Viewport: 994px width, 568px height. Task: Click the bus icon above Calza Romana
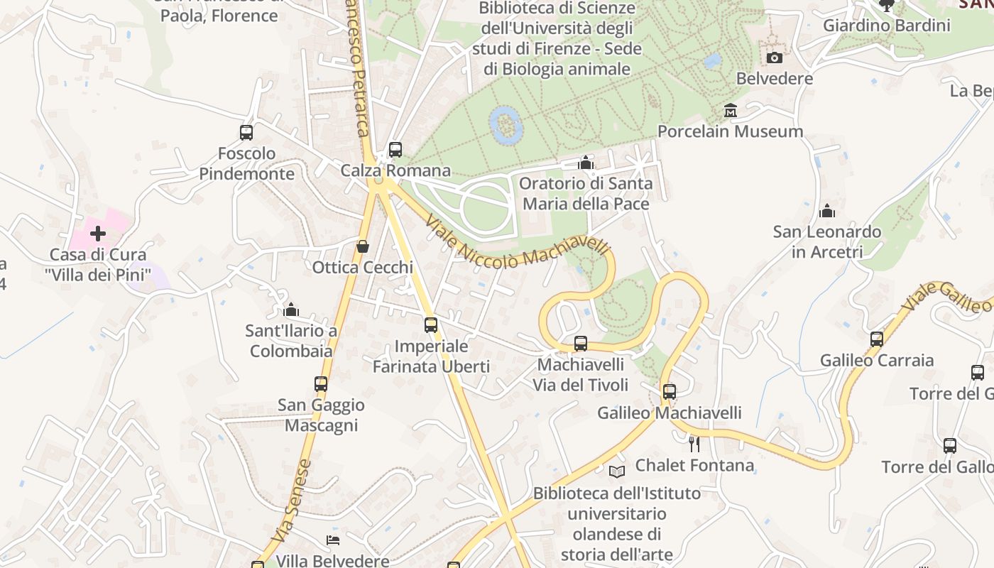click(x=395, y=150)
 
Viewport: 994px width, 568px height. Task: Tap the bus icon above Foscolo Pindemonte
click(x=246, y=132)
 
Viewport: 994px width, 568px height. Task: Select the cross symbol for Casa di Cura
click(x=98, y=234)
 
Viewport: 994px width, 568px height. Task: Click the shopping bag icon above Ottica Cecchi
click(x=363, y=246)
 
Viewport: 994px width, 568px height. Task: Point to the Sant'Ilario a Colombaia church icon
click(x=291, y=310)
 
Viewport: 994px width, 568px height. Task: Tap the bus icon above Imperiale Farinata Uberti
click(x=431, y=325)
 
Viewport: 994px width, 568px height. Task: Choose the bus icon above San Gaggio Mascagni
click(x=321, y=384)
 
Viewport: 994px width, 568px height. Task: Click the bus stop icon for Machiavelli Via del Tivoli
click(x=581, y=344)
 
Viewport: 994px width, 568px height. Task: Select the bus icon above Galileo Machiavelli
click(x=669, y=391)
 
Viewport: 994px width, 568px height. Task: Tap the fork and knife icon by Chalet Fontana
click(x=694, y=444)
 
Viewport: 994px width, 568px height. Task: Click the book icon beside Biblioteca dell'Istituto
click(x=617, y=471)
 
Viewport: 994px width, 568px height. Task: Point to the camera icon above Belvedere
click(x=775, y=58)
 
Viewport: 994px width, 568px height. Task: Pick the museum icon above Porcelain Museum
click(x=731, y=111)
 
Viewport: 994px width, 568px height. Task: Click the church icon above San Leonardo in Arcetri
click(x=827, y=211)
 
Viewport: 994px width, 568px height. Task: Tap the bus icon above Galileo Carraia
click(x=877, y=339)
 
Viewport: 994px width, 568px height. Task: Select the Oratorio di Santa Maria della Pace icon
click(x=586, y=163)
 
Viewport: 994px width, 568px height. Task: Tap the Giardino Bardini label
click(x=886, y=26)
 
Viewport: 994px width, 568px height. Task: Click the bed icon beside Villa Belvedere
click(x=333, y=540)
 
